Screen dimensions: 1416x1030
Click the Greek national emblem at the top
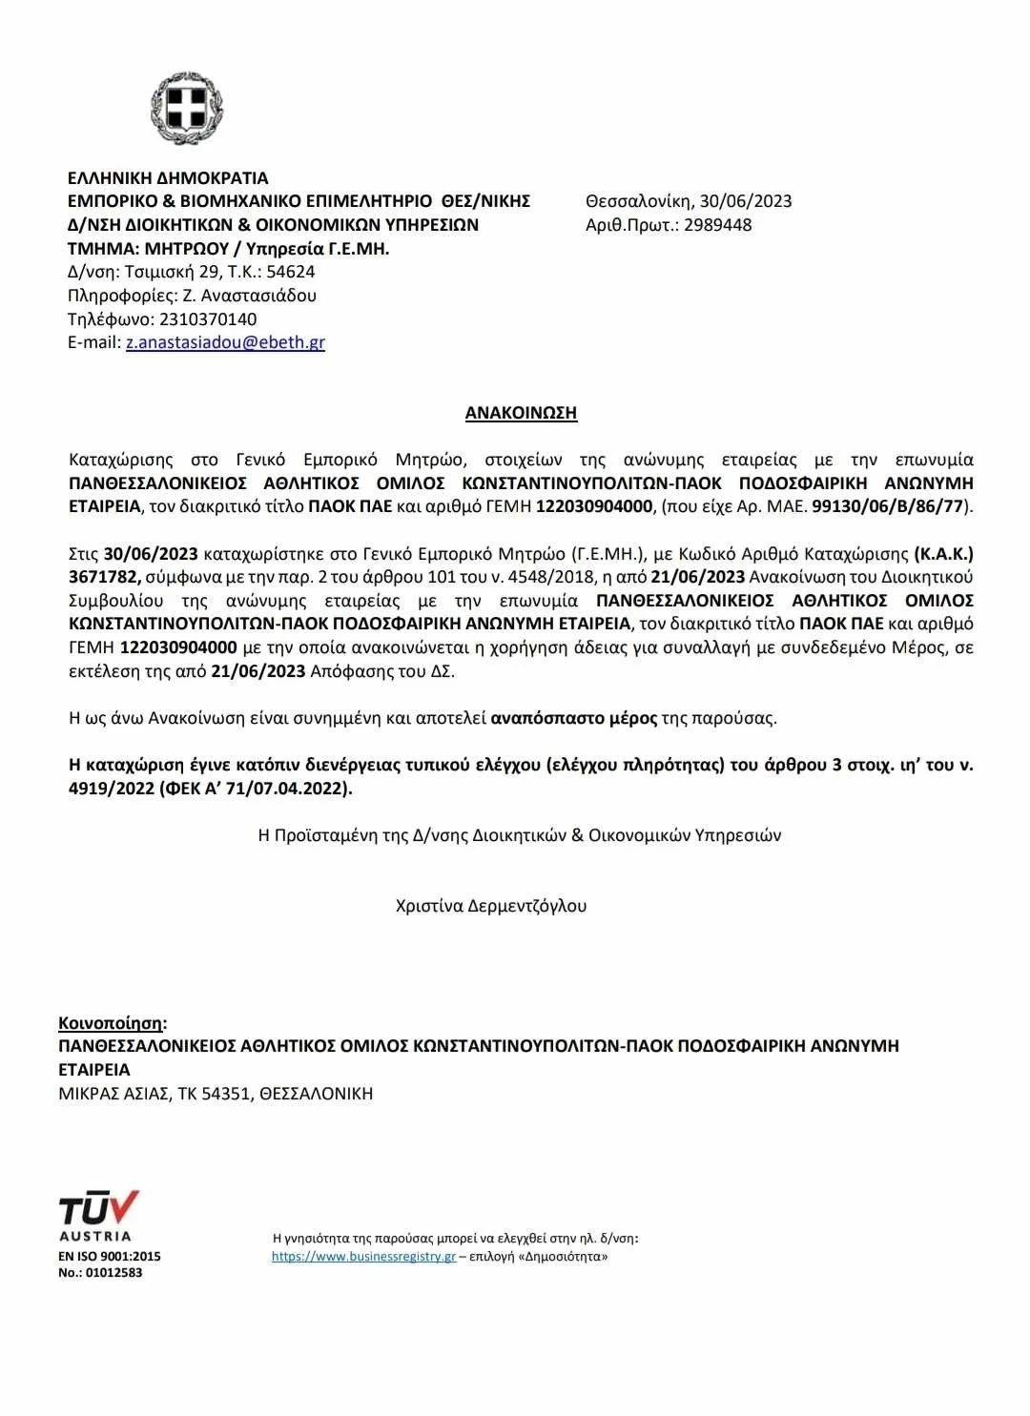pyautogui.click(x=187, y=107)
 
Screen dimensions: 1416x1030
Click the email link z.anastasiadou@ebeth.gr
pyautogui.click(x=225, y=342)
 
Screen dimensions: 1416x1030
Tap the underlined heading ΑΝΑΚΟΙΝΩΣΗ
pyautogui.click(x=521, y=413)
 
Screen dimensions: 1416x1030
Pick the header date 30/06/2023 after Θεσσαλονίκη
pyautogui.click(x=745, y=201)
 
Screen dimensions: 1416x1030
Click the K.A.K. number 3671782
pyautogui.click(x=104, y=577)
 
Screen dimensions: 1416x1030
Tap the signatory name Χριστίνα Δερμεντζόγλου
pyautogui.click(x=491, y=906)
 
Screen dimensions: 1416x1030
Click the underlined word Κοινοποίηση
pyautogui.click(x=111, y=1023)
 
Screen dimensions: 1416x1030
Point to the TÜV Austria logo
pyautogui.click(x=98, y=1214)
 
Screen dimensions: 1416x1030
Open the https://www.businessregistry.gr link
pyautogui.click(x=363, y=1257)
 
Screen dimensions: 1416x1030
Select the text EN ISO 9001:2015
pyautogui.click(x=110, y=1257)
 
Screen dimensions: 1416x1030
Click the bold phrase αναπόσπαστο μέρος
pyautogui.click(x=573, y=718)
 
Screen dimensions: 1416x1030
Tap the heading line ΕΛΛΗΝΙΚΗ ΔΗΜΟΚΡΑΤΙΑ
pyautogui.click(x=168, y=178)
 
